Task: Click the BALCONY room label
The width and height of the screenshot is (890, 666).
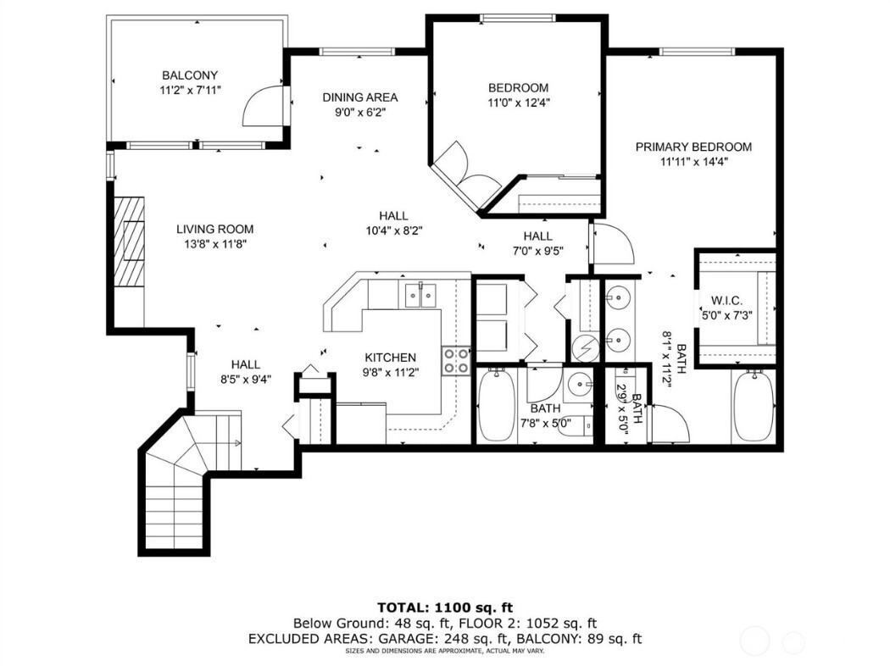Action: click(190, 75)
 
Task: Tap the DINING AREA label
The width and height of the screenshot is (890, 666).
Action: click(360, 97)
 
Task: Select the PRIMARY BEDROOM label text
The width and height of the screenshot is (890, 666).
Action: click(693, 147)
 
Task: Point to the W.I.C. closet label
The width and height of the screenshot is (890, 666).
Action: click(726, 302)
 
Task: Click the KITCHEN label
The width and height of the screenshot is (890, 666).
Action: click(390, 358)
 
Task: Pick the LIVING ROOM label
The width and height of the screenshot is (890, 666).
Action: click(214, 229)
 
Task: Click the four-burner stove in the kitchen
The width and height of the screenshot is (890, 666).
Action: click(456, 361)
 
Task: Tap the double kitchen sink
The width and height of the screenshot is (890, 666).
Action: click(420, 295)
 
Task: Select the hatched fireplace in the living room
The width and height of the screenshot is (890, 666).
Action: click(130, 242)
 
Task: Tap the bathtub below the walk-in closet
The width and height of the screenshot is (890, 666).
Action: click(753, 406)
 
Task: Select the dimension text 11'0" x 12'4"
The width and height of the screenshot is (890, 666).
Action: click(519, 103)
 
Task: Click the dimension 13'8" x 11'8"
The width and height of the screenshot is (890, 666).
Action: click(214, 244)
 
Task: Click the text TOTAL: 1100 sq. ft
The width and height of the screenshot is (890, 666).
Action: click(445, 608)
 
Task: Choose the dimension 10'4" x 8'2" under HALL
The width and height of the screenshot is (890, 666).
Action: click(394, 230)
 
